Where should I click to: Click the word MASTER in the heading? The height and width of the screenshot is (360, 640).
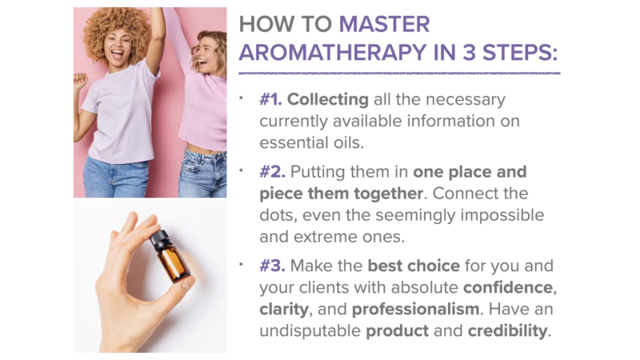coord(384,24)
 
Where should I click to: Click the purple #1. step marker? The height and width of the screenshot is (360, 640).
coord(270,99)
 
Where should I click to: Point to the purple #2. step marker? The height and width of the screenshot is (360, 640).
coord(272,171)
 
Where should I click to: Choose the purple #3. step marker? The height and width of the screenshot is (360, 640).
coord(272,266)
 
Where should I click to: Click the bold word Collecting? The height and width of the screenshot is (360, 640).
coord(328,100)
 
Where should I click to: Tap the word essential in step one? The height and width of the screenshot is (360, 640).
coord(287,142)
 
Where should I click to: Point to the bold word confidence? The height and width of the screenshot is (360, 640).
coord(508,287)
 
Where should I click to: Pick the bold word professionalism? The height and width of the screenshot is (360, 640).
coord(415,310)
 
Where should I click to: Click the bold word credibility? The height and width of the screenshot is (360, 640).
coord(507,331)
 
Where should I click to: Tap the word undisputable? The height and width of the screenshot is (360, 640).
coord(310,331)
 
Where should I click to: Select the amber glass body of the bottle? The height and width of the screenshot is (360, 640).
coord(174,263)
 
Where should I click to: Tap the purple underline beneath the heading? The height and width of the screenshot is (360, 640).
coord(399,74)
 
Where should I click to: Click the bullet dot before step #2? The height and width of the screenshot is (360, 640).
coord(242,170)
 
